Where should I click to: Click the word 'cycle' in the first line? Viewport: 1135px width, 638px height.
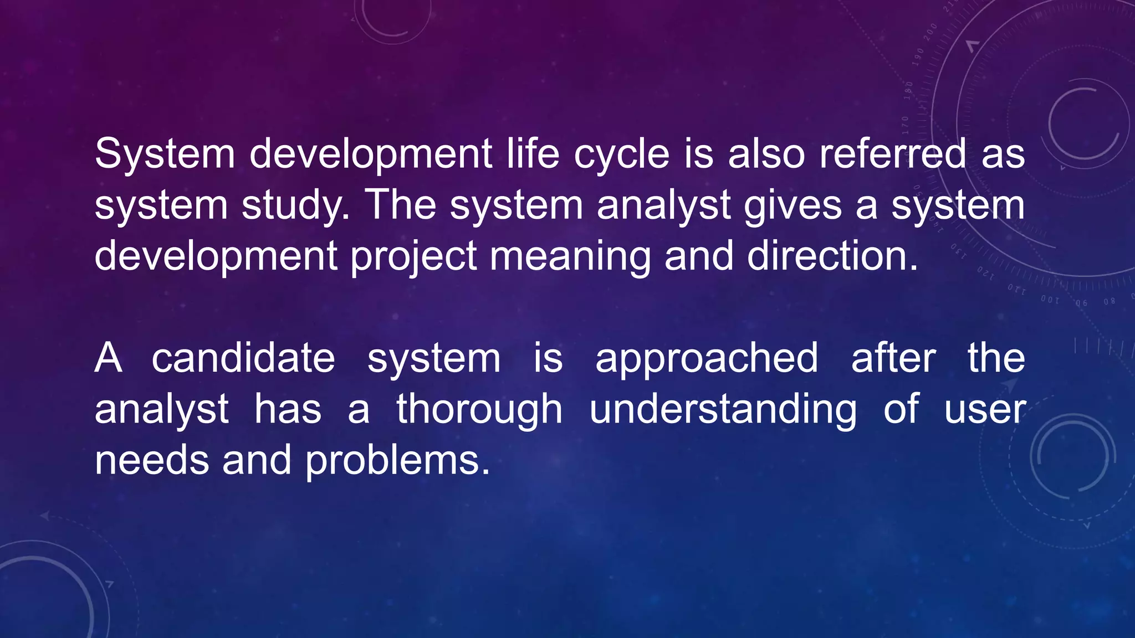click(x=621, y=155)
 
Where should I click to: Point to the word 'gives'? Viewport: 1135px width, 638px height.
click(x=793, y=205)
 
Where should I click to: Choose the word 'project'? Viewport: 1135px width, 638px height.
click(x=413, y=256)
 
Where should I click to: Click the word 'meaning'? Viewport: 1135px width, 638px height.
click(x=570, y=256)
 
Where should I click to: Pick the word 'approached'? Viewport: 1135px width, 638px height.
click(x=707, y=359)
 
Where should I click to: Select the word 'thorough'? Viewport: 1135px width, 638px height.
click(x=479, y=410)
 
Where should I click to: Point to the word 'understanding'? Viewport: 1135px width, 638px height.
click(x=723, y=410)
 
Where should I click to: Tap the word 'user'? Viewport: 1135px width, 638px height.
click(x=985, y=410)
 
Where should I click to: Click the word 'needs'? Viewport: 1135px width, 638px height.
click(x=151, y=461)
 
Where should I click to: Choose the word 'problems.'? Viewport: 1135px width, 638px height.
click(x=397, y=461)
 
